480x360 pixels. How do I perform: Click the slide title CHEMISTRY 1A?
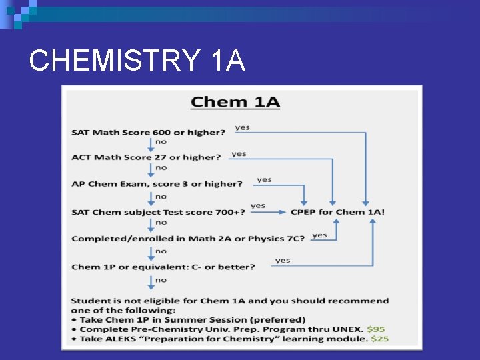[x=137, y=62]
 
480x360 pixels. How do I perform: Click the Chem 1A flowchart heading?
[x=235, y=103]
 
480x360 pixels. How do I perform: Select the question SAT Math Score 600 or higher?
[x=149, y=132]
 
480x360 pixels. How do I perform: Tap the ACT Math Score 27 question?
[x=146, y=157]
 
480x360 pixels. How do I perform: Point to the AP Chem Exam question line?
[x=157, y=183]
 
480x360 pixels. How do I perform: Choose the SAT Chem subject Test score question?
[x=158, y=212]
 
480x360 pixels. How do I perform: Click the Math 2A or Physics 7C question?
[x=188, y=238]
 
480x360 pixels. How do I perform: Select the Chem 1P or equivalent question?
[x=163, y=267]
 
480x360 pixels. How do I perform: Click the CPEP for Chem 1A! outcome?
[x=337, y=212]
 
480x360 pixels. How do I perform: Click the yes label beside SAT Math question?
[x=242, y=127]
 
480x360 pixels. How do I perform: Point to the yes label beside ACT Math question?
[x=239, y=153]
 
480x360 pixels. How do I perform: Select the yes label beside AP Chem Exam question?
[x=264, y=179]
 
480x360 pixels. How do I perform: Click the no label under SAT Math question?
[x=161, y=142]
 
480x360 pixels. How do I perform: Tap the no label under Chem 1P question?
[x=161, y=280]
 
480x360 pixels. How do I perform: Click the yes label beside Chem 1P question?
[x=283, y=260]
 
